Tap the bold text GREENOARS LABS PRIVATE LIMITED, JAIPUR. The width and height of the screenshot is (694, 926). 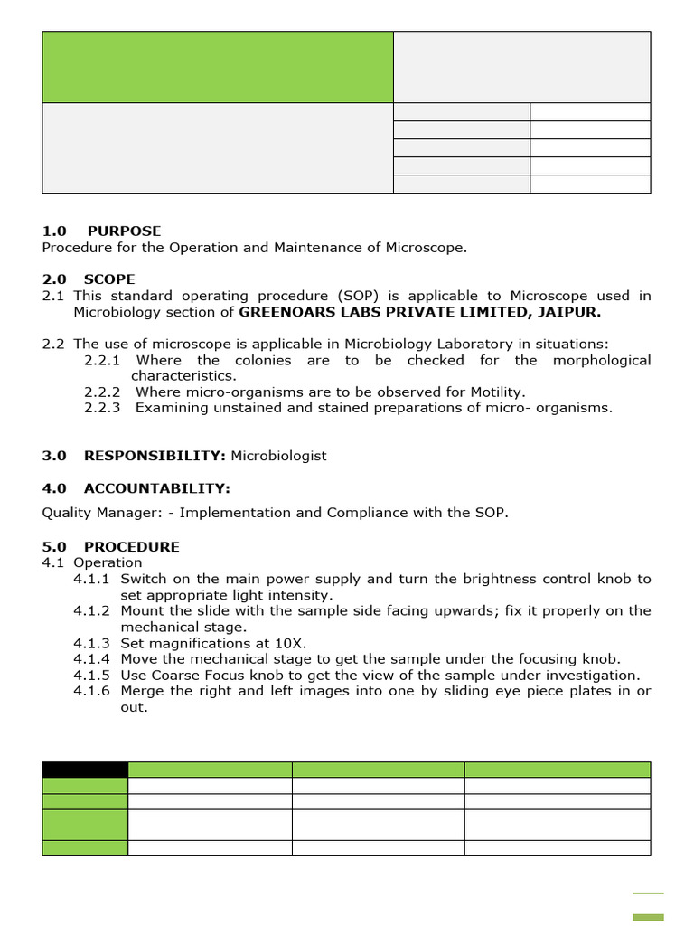[419, 312]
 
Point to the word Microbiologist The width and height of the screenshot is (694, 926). [279, 456]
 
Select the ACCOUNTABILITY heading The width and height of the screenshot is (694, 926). [156, 488]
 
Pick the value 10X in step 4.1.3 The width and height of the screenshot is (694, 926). [292, 644]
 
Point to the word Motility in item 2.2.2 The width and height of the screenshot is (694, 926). [495, 392]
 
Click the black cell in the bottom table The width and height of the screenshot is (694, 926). [85, 770]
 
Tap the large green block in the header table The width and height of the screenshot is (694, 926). [218, 67]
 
